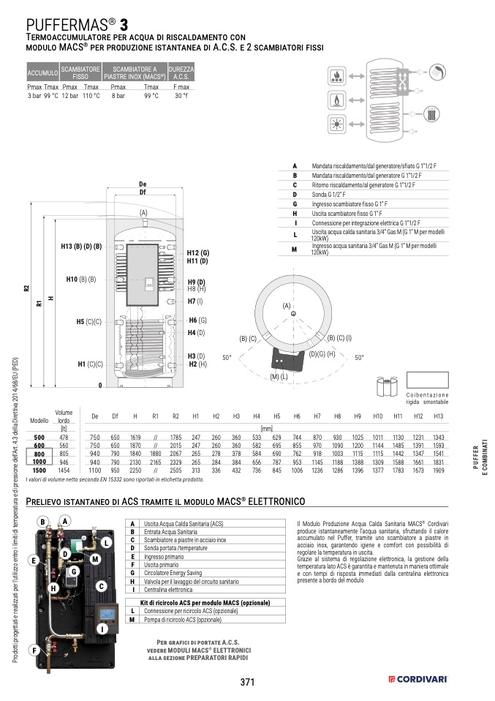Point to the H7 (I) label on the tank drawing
195,301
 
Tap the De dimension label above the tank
143,184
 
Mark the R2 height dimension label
26,289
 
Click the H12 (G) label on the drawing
197,252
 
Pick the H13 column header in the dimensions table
438,416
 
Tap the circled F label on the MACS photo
34,649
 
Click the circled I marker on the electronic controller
102,628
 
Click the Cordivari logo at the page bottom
417,681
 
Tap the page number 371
247,682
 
